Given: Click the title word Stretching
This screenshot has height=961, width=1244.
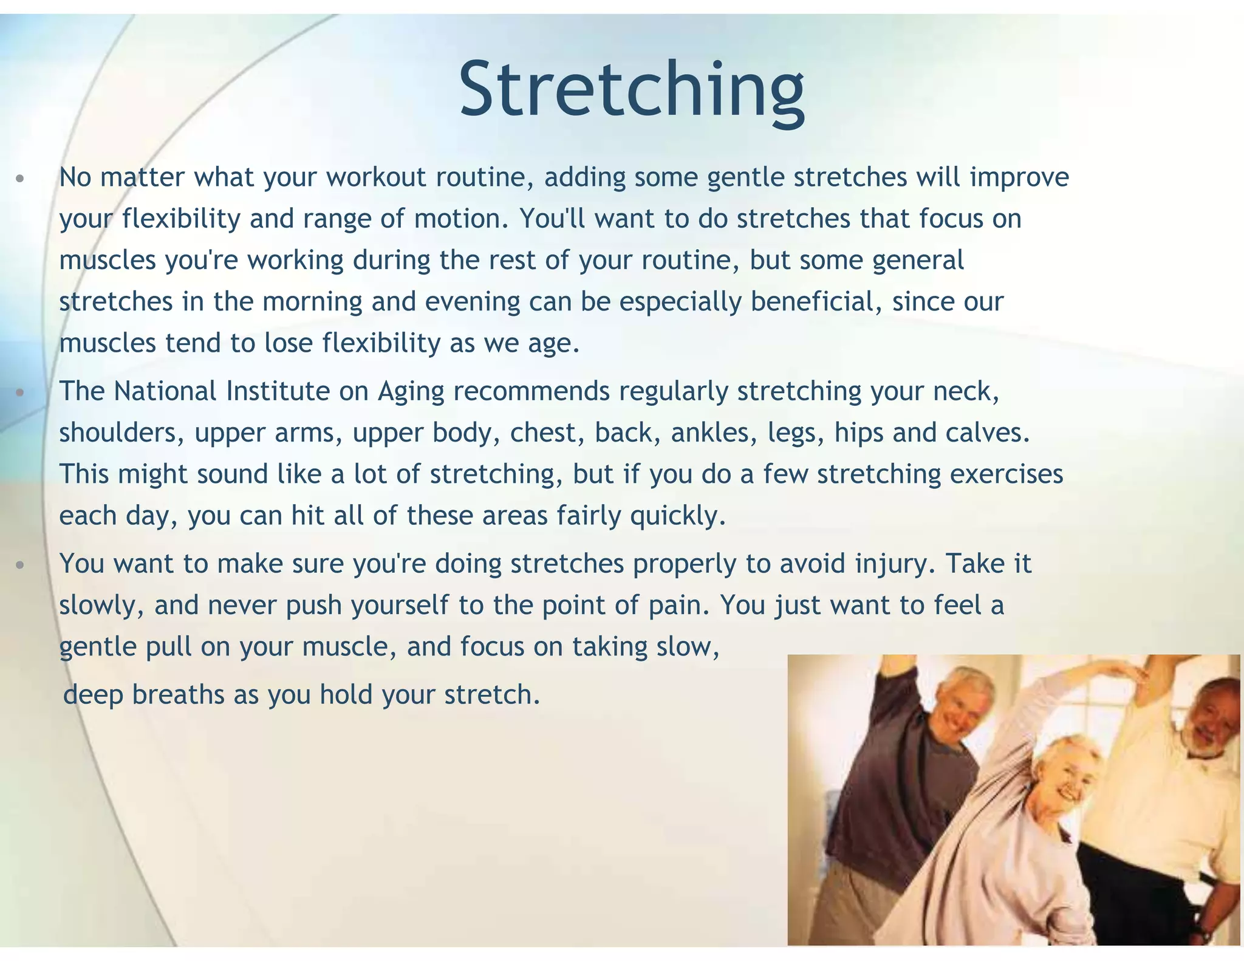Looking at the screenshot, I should pyautogui.click(x=632, y=90).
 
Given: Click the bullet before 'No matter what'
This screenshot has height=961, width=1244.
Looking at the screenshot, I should pyautogui.click(x=20, y=179).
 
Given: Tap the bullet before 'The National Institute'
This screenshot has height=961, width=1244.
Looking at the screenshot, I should pyautogui.click(x=20, y=393).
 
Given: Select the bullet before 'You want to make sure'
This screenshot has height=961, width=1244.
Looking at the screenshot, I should pyautogui.click(x=20, y=566).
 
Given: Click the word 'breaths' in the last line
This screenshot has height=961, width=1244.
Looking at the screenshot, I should pyautogui.click(x=178, y=695).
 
